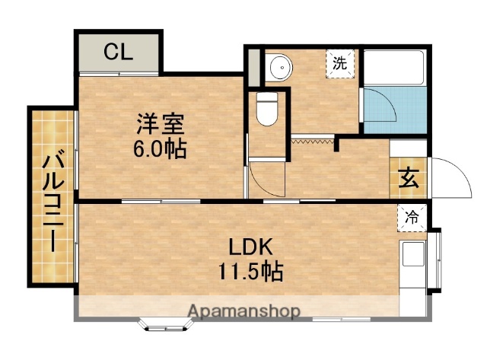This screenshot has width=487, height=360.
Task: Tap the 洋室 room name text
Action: [159, 123]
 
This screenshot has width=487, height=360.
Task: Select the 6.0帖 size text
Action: [159, 147]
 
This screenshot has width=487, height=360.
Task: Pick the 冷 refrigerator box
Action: [412, 216]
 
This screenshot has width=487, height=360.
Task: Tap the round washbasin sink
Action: [282, 67]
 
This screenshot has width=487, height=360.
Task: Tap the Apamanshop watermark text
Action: [243, 311]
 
